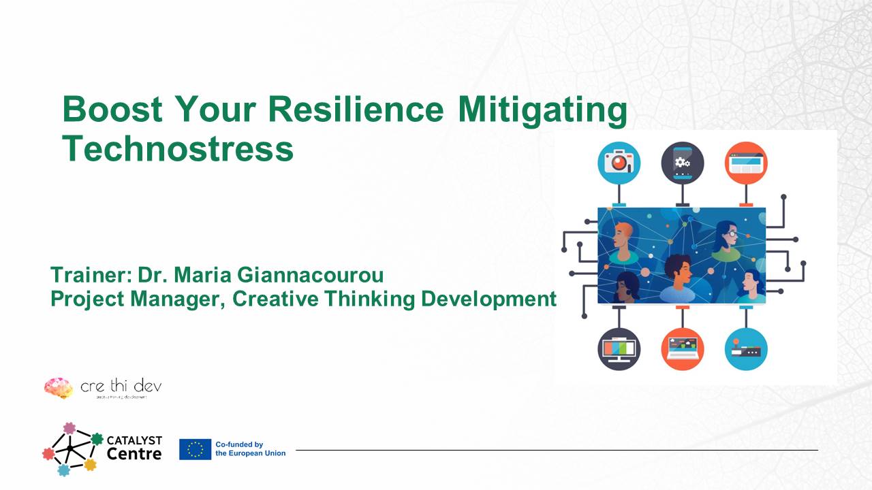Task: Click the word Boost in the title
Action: pos(112,110)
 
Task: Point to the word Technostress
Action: pos(178,148)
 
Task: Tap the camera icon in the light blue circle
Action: pos(619,163)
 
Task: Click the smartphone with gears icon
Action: pos(682,163)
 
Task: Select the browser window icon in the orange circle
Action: pos(746,163)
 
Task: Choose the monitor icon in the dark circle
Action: pos(619,348)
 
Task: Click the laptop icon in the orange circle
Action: pos(682,348)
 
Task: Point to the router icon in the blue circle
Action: pos(746,348)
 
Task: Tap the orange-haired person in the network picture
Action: pos(621,242)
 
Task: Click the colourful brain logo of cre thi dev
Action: pos(58,388)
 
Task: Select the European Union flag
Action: pos(195,449)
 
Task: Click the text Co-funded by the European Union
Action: pos(250,449)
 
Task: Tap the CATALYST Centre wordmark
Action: pos(134,447)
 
